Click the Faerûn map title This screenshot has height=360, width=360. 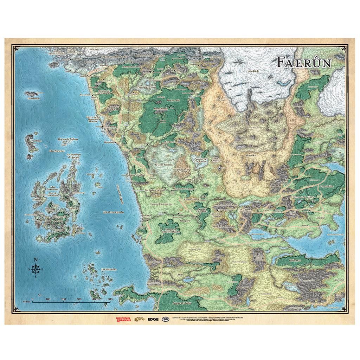click(303, 62)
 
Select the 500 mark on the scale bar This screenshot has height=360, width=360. click(110, 299)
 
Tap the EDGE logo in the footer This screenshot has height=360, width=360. click(153, 319)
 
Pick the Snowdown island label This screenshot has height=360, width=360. click(78, 228)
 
